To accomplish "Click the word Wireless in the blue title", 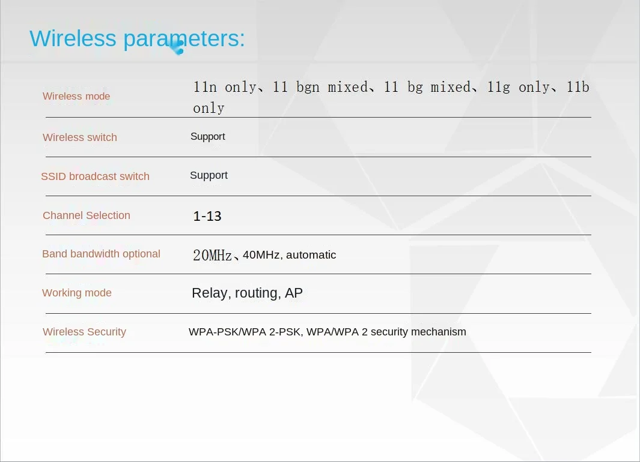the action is coord(73,39).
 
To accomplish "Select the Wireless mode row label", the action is coord(76,96).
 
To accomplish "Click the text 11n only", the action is coord(225,87).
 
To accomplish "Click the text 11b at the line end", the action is coord(578,87).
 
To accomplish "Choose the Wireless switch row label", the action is coord(79,137).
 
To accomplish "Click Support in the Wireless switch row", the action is coord(208,137).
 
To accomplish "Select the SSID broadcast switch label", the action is coord(95,176).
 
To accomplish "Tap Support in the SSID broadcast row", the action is coord(209,176).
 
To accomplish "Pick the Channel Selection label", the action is coord(87,215).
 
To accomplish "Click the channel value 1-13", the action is coord(207,216).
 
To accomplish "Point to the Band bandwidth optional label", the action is coord(101,254).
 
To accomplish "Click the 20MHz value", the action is coord(212,255).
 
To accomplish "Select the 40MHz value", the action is coord(261,255).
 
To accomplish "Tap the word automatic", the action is coord(311,255).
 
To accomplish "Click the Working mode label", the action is coord(77,293).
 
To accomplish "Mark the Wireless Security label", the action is coord(84,332).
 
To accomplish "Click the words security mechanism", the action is coord(418,332).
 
